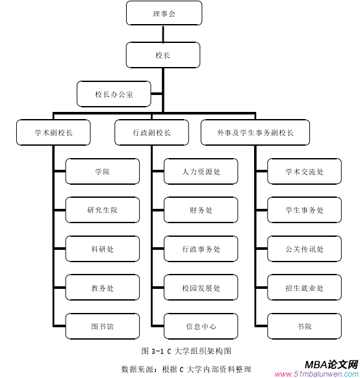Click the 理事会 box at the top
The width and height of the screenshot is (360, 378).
(x=164, y=14)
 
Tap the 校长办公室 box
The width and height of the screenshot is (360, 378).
(x=114, y=94)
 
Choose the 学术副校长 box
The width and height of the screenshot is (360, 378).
(x=53, y=132)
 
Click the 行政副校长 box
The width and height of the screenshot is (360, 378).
(x=152, y=132)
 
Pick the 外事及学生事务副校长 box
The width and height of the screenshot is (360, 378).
(x=255, y=132)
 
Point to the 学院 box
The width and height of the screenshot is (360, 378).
(x=103, y=172)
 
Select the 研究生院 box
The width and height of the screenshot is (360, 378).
(x=103, y=210)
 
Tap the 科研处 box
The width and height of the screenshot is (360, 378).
(x=103, y=249)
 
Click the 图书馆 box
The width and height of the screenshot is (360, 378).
(x=103, y=327)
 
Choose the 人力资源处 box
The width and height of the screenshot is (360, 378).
(x=201, y=172)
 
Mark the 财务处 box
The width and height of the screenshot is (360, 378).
(x=201, y=210)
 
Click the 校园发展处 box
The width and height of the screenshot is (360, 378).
(x=201, y=288)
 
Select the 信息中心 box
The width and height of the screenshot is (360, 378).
(x=201, y=327)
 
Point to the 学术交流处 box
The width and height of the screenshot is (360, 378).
(x=304, y=172)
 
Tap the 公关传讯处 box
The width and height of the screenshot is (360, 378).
(x=304, y=249)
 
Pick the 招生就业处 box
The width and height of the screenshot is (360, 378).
(x=304, y=288)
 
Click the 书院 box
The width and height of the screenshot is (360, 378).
(x=304, y=327)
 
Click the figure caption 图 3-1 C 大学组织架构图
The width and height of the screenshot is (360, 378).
(x=186, y=351)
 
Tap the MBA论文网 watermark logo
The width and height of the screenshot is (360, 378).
(x=331, y=365)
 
